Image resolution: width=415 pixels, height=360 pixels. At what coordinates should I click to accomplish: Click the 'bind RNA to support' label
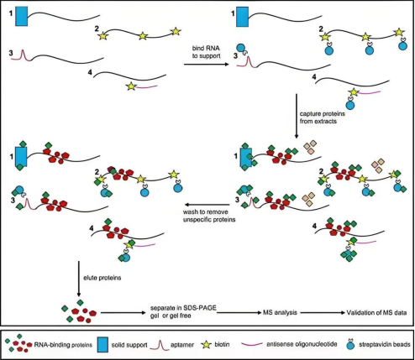[206, 52]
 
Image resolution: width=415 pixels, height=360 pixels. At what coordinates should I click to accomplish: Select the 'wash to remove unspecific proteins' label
[209, 216]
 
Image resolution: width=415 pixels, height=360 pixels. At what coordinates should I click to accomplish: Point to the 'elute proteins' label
[102, 278]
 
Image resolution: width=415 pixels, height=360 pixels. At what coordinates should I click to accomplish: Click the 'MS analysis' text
[280, 312]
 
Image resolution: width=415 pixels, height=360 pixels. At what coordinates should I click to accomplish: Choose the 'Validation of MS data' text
[376, 312]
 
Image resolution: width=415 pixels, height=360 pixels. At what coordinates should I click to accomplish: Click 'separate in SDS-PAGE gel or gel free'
[183, 311]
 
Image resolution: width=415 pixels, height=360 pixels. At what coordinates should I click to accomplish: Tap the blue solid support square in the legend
[102, 344]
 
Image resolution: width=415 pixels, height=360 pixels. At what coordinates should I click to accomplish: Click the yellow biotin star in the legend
[207, 345]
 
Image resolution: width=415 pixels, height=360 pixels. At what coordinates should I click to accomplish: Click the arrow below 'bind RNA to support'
[207, 65]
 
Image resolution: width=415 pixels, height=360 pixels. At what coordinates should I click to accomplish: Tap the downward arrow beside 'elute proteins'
[79, 279]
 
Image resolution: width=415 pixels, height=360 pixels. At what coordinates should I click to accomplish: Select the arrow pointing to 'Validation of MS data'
[323, 313]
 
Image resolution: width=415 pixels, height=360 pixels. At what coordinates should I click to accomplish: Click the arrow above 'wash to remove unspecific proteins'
[207, 205]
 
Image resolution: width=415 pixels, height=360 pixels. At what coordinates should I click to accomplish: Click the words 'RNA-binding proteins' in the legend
[63, 345]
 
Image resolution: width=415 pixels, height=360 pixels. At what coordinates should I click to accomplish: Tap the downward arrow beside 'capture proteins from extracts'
[297, 116]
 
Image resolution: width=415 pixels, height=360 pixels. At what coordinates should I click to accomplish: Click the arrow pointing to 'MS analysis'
[239, 313]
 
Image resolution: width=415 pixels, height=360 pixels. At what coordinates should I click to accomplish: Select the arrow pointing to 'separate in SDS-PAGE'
[124, 313]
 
